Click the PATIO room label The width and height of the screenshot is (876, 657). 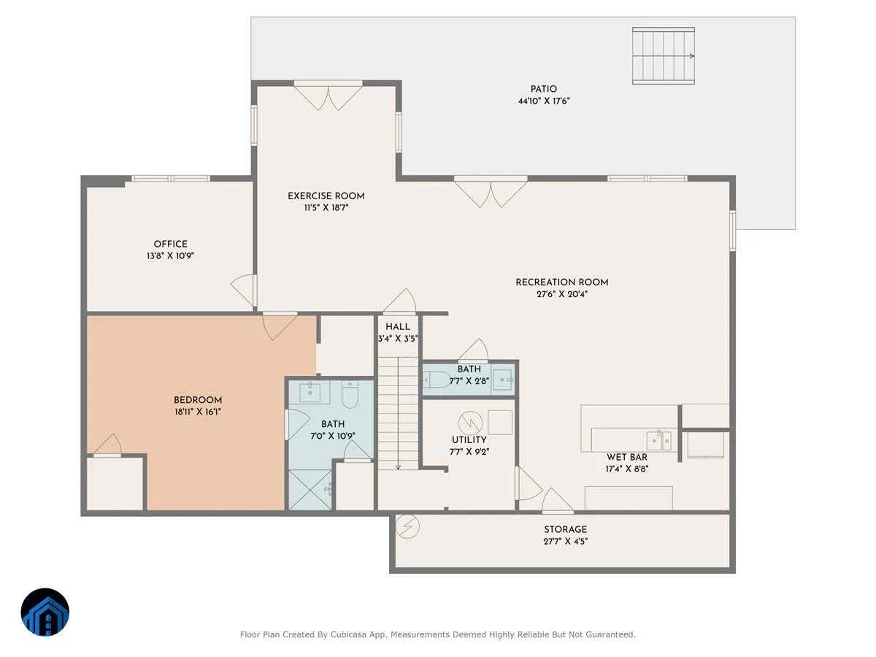[x=543, y=89]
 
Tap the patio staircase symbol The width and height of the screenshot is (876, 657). [x=664, y=56]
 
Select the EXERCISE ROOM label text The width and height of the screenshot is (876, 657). [x=326, y=196]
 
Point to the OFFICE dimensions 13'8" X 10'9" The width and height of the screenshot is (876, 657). [x=170, y=255]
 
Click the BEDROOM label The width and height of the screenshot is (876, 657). [x=198, y=400]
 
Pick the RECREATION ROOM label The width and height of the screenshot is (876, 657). [x=562, y=282]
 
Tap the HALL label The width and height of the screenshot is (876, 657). [x=398, y=327]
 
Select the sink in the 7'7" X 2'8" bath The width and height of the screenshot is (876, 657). [x=502, y=380]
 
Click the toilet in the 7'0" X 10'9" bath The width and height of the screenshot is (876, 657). [x=350, y=393]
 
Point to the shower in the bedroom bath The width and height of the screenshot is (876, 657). [x=310, y=489]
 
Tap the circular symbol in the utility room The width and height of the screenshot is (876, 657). [x=471, y=423]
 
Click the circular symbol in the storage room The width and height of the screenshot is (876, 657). [x=407, y=526]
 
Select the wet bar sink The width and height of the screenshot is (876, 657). [x=659, y=440]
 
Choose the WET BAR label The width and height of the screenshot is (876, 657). [x=627, y=457]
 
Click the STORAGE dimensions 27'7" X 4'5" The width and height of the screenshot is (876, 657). [x=566, y=542]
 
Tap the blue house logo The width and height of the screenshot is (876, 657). [x=45, y=612]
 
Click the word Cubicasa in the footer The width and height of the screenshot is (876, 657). [x=348, y=634]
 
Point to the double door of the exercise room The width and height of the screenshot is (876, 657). [x=328, y=95]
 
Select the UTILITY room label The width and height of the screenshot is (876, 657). [x=469, y=439]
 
